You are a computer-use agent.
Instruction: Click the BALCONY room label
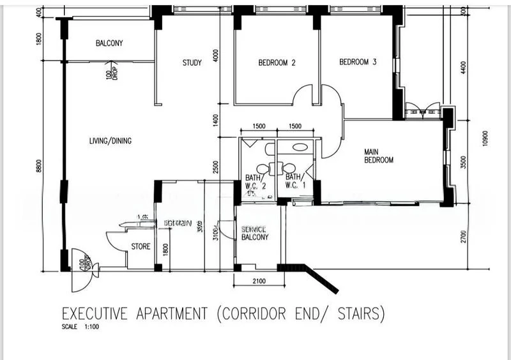tap(109, 43)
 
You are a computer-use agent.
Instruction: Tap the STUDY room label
tap(192, 63)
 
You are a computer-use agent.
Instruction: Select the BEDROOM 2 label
tap(277, 63)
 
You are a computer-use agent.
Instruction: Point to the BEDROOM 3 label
tap(358, 62)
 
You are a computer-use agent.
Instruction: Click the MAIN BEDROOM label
tap(378, 156)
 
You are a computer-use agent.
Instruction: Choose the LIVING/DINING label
tap(111, 140)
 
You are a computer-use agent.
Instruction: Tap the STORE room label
tap(141, 245)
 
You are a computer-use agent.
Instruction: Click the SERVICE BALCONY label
tap(255, 233)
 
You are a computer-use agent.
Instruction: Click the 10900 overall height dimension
tap(485, 139)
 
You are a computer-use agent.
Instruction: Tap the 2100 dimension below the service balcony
tap(259, 281)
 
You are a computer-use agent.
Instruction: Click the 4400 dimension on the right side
tap(463, 67)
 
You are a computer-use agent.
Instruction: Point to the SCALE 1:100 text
tap(80, 327)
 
